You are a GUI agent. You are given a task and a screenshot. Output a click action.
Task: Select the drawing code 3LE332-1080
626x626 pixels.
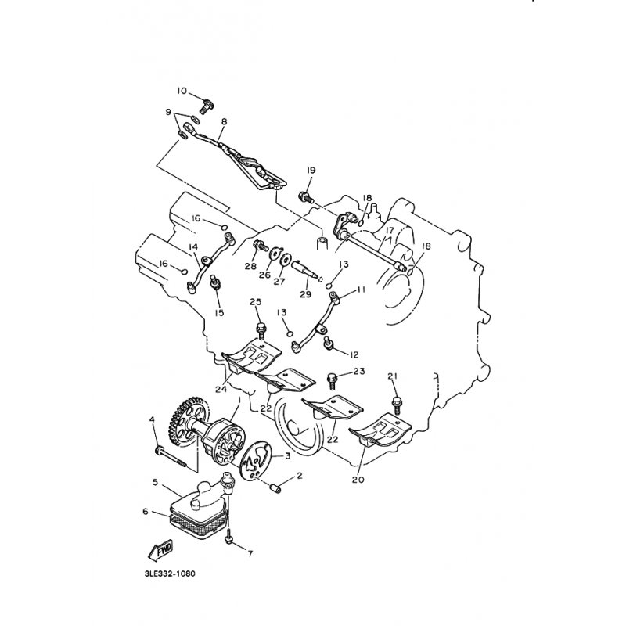point(170,574)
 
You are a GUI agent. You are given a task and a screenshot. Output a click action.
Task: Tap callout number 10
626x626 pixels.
point(182,91)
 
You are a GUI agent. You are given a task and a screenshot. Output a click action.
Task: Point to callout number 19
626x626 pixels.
point(311,170)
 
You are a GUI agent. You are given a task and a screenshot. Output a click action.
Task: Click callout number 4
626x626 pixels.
point(152,419)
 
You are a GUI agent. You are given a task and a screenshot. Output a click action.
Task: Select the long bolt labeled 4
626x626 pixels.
point(171,458)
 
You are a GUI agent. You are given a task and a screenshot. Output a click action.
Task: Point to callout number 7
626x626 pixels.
point(250,554)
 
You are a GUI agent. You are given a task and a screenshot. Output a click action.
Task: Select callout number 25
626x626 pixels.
point(256,301)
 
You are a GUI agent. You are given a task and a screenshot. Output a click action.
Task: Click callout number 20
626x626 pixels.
point(358,479)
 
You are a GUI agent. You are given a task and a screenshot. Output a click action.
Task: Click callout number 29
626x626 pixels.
point(305,294)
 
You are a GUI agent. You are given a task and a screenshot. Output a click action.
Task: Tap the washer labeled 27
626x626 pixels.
point(286,260)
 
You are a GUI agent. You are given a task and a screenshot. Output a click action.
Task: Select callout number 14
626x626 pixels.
point(193,247)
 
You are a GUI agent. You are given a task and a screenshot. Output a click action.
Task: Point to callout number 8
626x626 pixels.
point(224,121)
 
